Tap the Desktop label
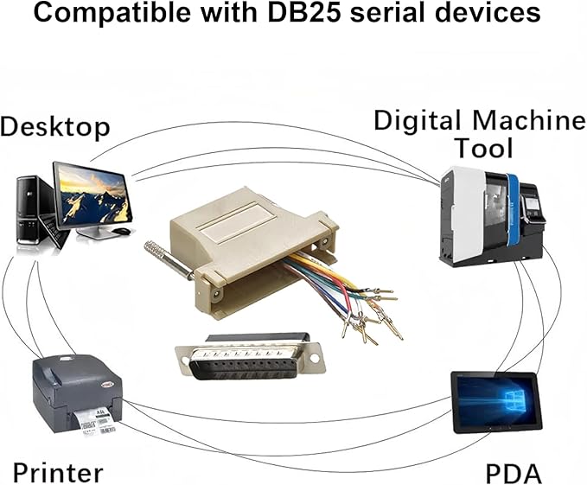(x=55, y=127)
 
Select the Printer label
(x=58, y=473)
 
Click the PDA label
(x=514, y=474)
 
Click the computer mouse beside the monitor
(x=122, y=232)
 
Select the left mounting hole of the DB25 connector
(x=184, y=360)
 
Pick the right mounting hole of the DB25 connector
(x=315, y=359)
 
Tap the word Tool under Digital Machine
(x=483, y=148)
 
